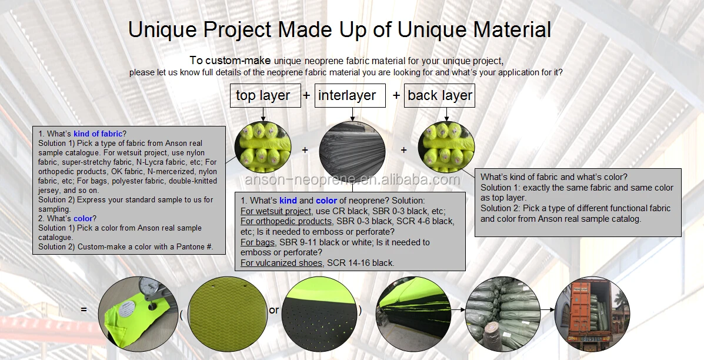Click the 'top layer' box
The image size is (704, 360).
(263, 96)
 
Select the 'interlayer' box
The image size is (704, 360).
(350, 96)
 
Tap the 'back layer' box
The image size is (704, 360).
(439, 96)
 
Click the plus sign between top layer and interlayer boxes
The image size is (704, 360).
(306, 96)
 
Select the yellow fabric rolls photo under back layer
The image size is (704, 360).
(445, 148)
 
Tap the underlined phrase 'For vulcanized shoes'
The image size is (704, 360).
(281, 263)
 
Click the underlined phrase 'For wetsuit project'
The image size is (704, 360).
(276, 211)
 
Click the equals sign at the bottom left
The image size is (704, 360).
(84, 309)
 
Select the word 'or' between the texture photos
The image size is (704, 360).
(274, 310)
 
